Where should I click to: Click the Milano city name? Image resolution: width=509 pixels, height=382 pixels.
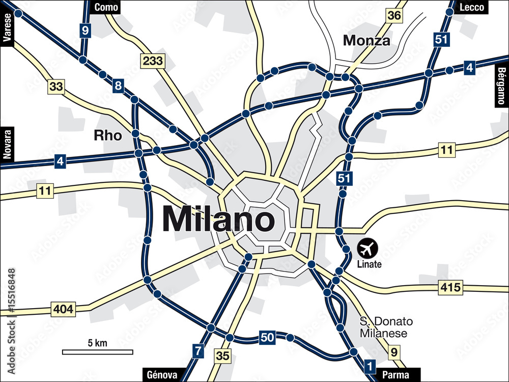(218, 220)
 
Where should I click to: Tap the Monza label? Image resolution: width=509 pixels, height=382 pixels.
(366, 40)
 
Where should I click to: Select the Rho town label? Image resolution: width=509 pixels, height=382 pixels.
(108, 135)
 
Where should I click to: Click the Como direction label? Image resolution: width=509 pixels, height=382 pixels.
(106, 7)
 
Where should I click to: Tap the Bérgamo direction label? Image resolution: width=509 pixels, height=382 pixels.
(502, 86)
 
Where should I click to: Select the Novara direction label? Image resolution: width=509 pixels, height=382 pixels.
(7, 145)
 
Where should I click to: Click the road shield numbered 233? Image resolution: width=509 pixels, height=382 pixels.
(152, 61)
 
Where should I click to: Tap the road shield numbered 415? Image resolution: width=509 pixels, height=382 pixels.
(450, 287)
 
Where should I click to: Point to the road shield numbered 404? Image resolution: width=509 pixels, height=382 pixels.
(63, 309)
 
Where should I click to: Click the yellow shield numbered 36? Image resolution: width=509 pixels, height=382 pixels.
(393, 15)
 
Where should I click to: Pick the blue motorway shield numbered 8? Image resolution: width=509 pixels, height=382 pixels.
(118, 86)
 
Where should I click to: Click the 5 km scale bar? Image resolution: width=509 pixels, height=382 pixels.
(97, 351)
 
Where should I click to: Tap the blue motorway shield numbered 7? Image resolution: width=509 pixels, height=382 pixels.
(198, 350)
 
